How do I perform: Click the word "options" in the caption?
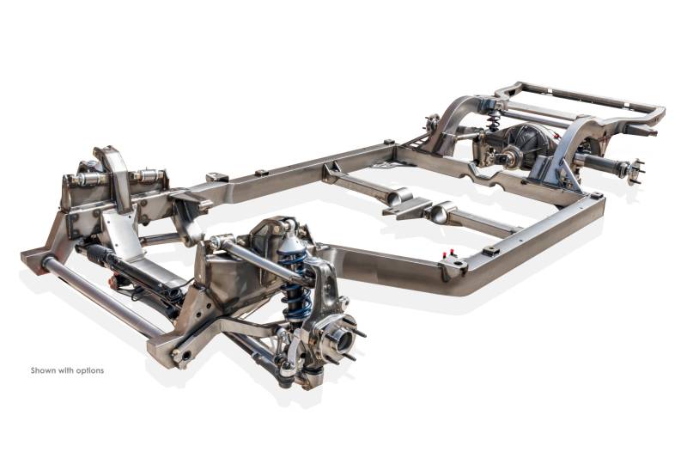click(90, 371)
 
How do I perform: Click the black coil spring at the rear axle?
click(495, 119)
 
